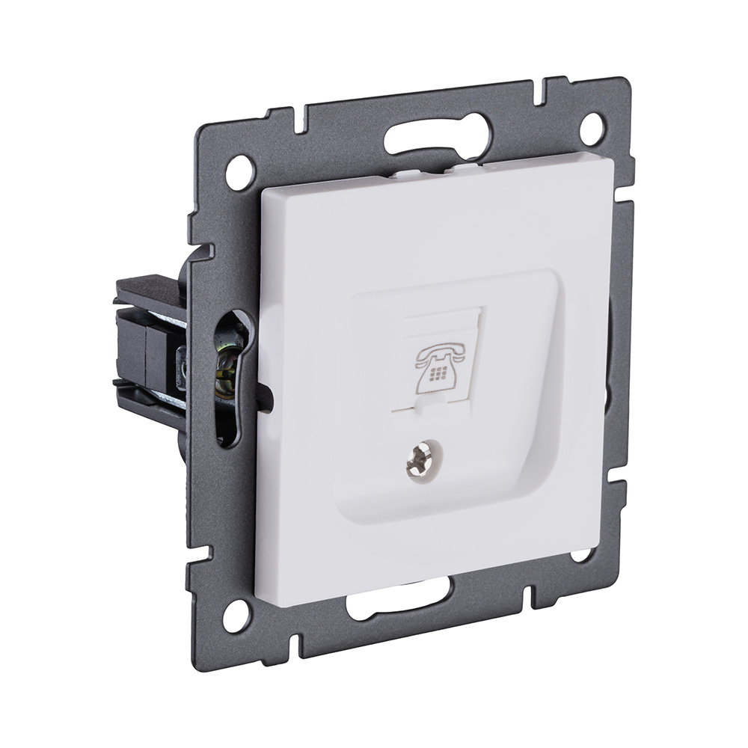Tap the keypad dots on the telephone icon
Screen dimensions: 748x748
click(x=436, y=371)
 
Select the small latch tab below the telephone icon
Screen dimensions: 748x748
click(x=430, y=408)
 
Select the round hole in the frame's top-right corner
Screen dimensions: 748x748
click(x=592, y=128)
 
